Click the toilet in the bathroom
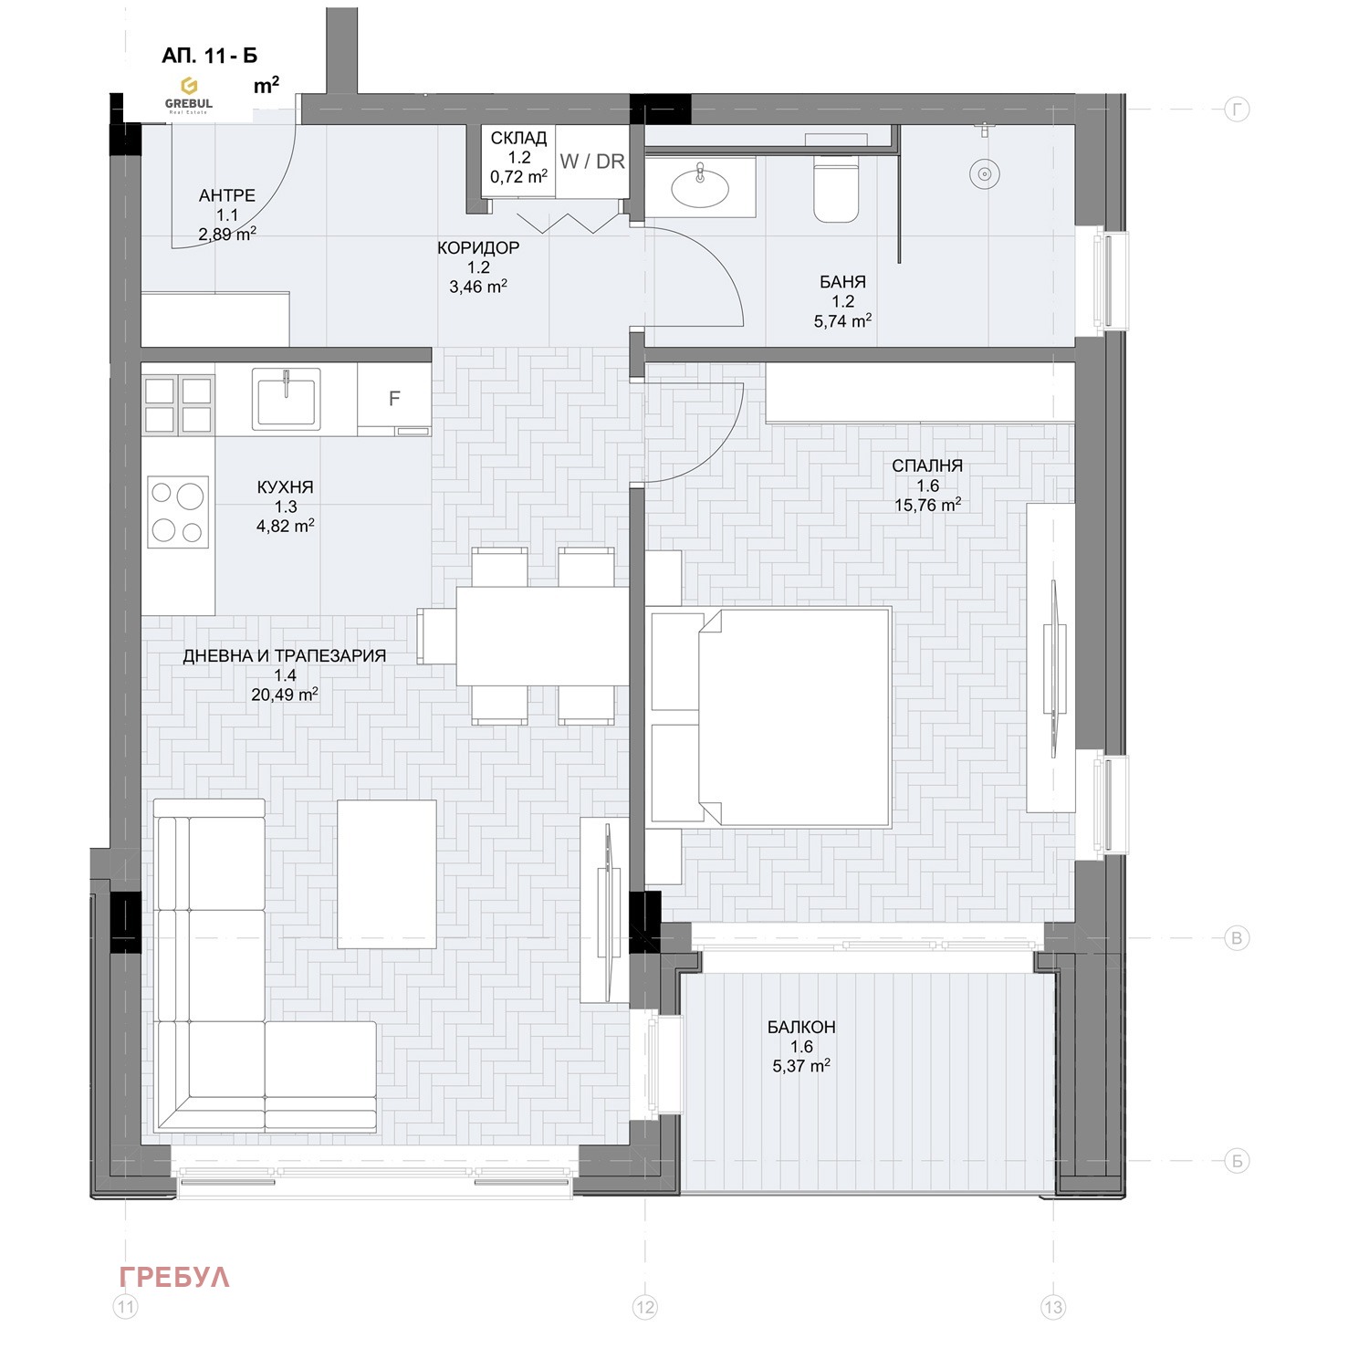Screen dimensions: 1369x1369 pyautogui.click(x=836, y=189)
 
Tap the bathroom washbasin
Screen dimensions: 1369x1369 pyautogui.click(x=700, y=188)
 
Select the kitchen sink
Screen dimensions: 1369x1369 pyautogui.click(x=287, y=398)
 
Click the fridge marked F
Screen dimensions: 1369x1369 pyautogui.click(x=394, y=399)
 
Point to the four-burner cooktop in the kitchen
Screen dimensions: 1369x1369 pyautogui.click(x=178, y=512)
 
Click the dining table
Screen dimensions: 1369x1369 pyautogui.click(x=542, y=636)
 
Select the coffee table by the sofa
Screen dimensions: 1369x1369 pyautogui.click(x=386, y=873)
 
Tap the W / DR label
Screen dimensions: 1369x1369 pyautogui.click(x=592, y=162)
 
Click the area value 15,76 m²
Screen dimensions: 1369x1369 pyautogui.click(x=927, y=505)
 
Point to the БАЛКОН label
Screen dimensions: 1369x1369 pyautogui.click(x=801, y=1027)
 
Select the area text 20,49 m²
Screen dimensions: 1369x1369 pyautogui.click(x=285, y=695)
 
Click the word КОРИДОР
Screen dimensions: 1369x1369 pyautogui.click(x=478, y=247)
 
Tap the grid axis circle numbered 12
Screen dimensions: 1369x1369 pyautogui.click(x=645, y=1307)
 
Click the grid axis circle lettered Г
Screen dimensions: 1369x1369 pyautogui.click(x=1237, y=110)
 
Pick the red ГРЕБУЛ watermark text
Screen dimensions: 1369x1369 pyautogui.click(x=174, y=1277)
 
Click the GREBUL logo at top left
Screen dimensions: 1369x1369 pyautogui.click(x=189, y=94)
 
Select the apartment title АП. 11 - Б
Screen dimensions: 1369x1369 pyautogui.click(x=210, y=56)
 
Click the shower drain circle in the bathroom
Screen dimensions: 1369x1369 pyautogui.click(x=984, y=173)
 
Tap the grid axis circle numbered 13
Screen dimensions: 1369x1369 pyautogui.click(x=1052, y=1307)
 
